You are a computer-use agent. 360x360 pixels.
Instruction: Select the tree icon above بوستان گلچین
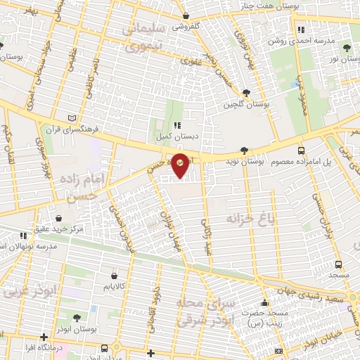point(246,92)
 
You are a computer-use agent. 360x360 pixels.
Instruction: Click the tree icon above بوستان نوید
point(243,150)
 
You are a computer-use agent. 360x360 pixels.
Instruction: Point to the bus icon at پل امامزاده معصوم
point(301,150)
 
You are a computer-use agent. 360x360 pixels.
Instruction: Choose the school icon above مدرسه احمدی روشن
point(301,30)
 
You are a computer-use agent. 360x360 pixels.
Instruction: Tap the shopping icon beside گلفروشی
point(184,15)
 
